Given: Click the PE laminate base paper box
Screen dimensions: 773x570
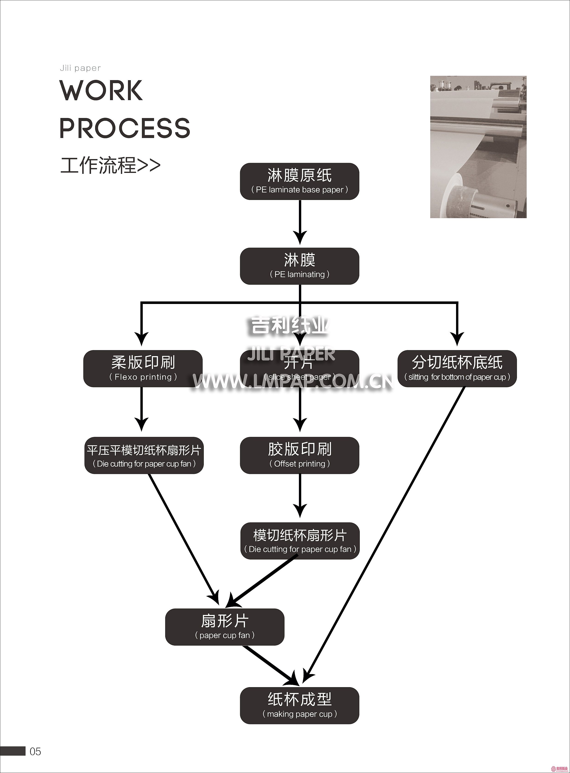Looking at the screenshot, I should pos(300,181).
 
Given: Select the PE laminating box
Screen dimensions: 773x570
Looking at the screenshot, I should pos(300,266).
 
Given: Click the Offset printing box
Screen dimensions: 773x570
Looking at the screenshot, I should pos(300,455).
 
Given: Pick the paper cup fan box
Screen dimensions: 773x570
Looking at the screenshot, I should pos(225,627).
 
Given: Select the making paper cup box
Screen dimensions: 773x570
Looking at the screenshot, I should pos(300,706).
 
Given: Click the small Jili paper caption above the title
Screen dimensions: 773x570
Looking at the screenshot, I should pos(80,68).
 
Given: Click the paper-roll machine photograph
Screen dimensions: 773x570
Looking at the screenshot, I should pos(478,147).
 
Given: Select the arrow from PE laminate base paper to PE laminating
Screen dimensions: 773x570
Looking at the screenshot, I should pos(300,222).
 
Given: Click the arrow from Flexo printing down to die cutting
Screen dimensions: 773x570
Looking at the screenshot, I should pos(142,409).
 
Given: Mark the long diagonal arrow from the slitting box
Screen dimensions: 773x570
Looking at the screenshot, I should pos(386,531).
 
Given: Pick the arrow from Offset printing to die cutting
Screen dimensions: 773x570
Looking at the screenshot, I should pos(300,495).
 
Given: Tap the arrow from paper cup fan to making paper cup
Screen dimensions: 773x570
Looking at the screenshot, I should pos(271,665).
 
